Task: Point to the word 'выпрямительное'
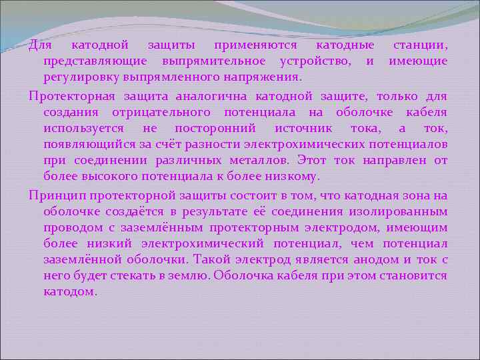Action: (213, 62)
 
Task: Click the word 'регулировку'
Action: (81, 78)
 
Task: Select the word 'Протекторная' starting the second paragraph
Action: (69, 96)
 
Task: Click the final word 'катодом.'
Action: (70, 292)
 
